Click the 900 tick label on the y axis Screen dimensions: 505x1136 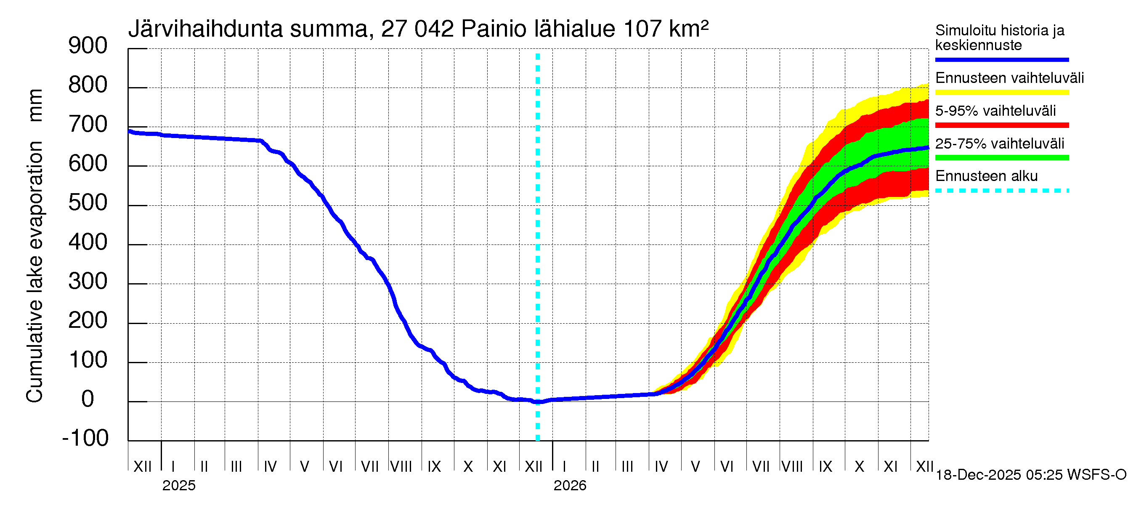pos(88,46)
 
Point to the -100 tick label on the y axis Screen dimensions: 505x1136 pos(85,438)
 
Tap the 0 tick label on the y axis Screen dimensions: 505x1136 pos(88,399)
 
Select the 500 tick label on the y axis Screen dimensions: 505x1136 pos(88,203)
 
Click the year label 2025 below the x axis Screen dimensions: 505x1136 pos(178,486)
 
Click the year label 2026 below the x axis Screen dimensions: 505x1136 pos(570,486)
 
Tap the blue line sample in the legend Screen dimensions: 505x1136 pos(1001,59)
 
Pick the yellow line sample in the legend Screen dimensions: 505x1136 pos(1001,93)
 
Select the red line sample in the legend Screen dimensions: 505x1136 pos(1001,125)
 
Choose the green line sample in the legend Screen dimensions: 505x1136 pos(1001,158)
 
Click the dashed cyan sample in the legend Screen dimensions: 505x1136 pos(1001,191)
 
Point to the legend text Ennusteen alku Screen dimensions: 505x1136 pos(987,176)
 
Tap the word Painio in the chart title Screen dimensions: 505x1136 pos(494,29)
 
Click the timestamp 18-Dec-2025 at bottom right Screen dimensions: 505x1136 pos(978,475)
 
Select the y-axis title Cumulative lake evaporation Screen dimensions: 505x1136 pos(35,271)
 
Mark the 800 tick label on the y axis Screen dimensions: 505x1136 pos(88,85)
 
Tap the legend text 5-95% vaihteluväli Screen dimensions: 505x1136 pos(995,111)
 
